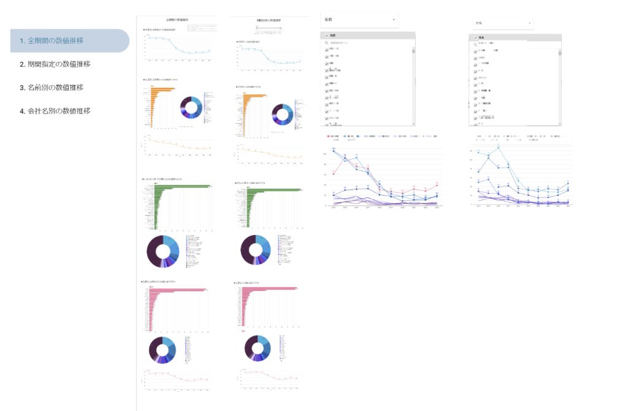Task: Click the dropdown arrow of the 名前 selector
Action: pos(394,20)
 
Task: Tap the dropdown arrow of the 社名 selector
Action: pos(529,23)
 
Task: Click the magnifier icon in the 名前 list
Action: pos(327,43)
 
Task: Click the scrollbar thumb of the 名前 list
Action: pos(413,51)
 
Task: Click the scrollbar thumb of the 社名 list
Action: pos(560,53)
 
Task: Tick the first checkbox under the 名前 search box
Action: pos(326,49)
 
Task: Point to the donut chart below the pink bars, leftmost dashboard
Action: pos(162,350)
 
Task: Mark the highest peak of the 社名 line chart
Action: pos(499,148)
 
